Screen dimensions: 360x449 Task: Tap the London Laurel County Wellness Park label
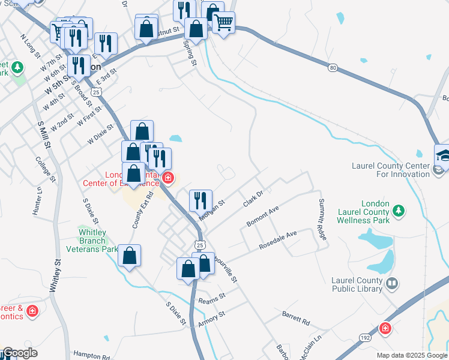tap(364, 212)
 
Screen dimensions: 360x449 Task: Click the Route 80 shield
tap(333, 68)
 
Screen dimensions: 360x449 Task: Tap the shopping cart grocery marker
tap(223, 23)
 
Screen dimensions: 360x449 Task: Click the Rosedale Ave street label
tap(278, 240)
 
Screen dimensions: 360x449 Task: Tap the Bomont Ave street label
tap(263, 217)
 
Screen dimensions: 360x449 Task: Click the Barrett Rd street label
tap(295, 318)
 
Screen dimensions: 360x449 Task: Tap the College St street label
tap(46, 169)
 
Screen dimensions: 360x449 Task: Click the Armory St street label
tap(211, 319)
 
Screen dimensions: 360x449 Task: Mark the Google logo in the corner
tap(19, 353)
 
